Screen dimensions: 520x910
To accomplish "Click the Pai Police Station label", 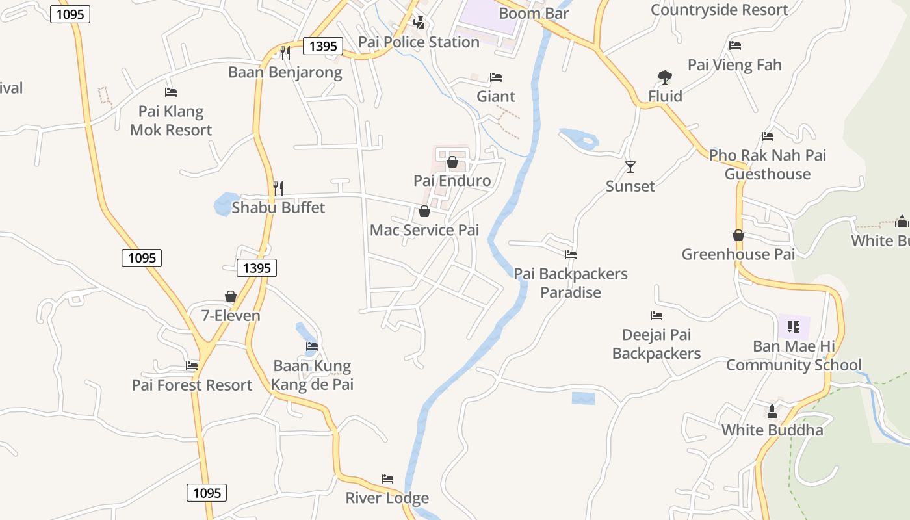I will [419, 42].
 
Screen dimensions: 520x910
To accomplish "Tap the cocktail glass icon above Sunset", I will [630, 167].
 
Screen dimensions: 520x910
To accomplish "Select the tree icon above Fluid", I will [664, 77].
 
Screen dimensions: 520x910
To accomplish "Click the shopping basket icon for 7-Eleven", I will [231, 296].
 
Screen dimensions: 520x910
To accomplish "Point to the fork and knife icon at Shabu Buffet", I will [278, 188].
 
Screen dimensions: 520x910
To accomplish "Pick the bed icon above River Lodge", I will [387, 479].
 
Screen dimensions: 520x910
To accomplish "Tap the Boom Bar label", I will [534, 13].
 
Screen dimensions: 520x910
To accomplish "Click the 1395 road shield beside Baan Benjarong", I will [322, 46].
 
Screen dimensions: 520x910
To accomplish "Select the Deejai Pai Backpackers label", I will [656, 344].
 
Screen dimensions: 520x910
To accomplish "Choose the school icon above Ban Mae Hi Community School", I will [794, 326].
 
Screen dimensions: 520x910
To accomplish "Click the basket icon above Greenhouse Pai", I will [738, 235].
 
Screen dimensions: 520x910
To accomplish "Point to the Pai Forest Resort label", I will [192, 385].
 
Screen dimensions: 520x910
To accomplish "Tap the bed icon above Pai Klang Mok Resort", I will [171, 92].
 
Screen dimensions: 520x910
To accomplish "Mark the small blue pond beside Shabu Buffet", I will [224, 204].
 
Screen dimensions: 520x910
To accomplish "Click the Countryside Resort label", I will [719, 10].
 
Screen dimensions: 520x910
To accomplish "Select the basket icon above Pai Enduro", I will [452, 161].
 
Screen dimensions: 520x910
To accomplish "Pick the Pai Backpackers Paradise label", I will [571, 283].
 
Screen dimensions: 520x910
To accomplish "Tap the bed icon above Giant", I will [496, 77].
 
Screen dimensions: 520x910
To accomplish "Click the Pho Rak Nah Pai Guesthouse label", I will [768, 164].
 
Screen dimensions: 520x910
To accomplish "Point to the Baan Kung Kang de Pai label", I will [312, 375].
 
